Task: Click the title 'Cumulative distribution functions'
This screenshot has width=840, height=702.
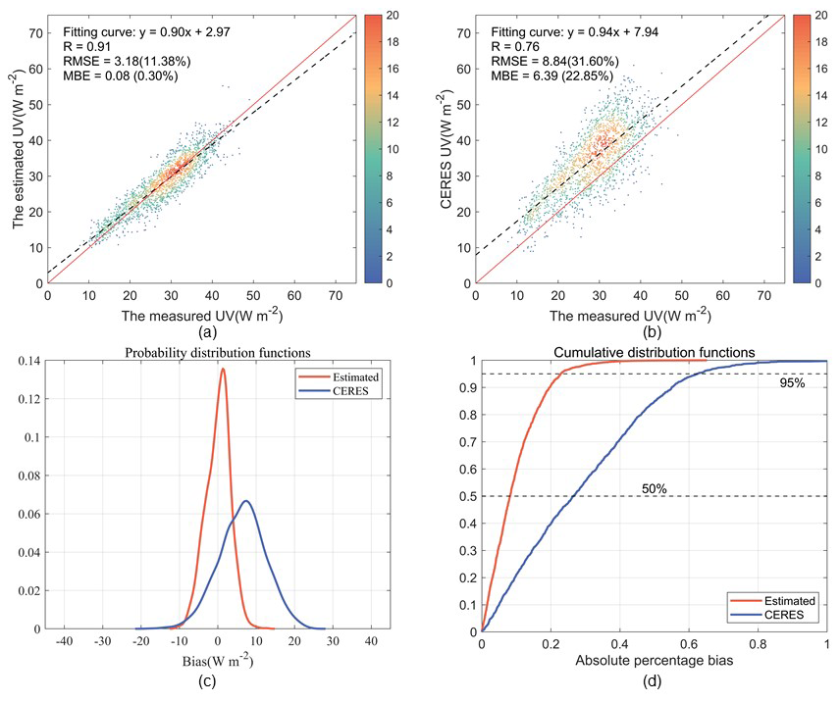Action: point(655,352)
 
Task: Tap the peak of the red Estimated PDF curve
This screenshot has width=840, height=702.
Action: point(223,370)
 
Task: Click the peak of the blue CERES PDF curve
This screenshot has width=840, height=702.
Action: point(246,501)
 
